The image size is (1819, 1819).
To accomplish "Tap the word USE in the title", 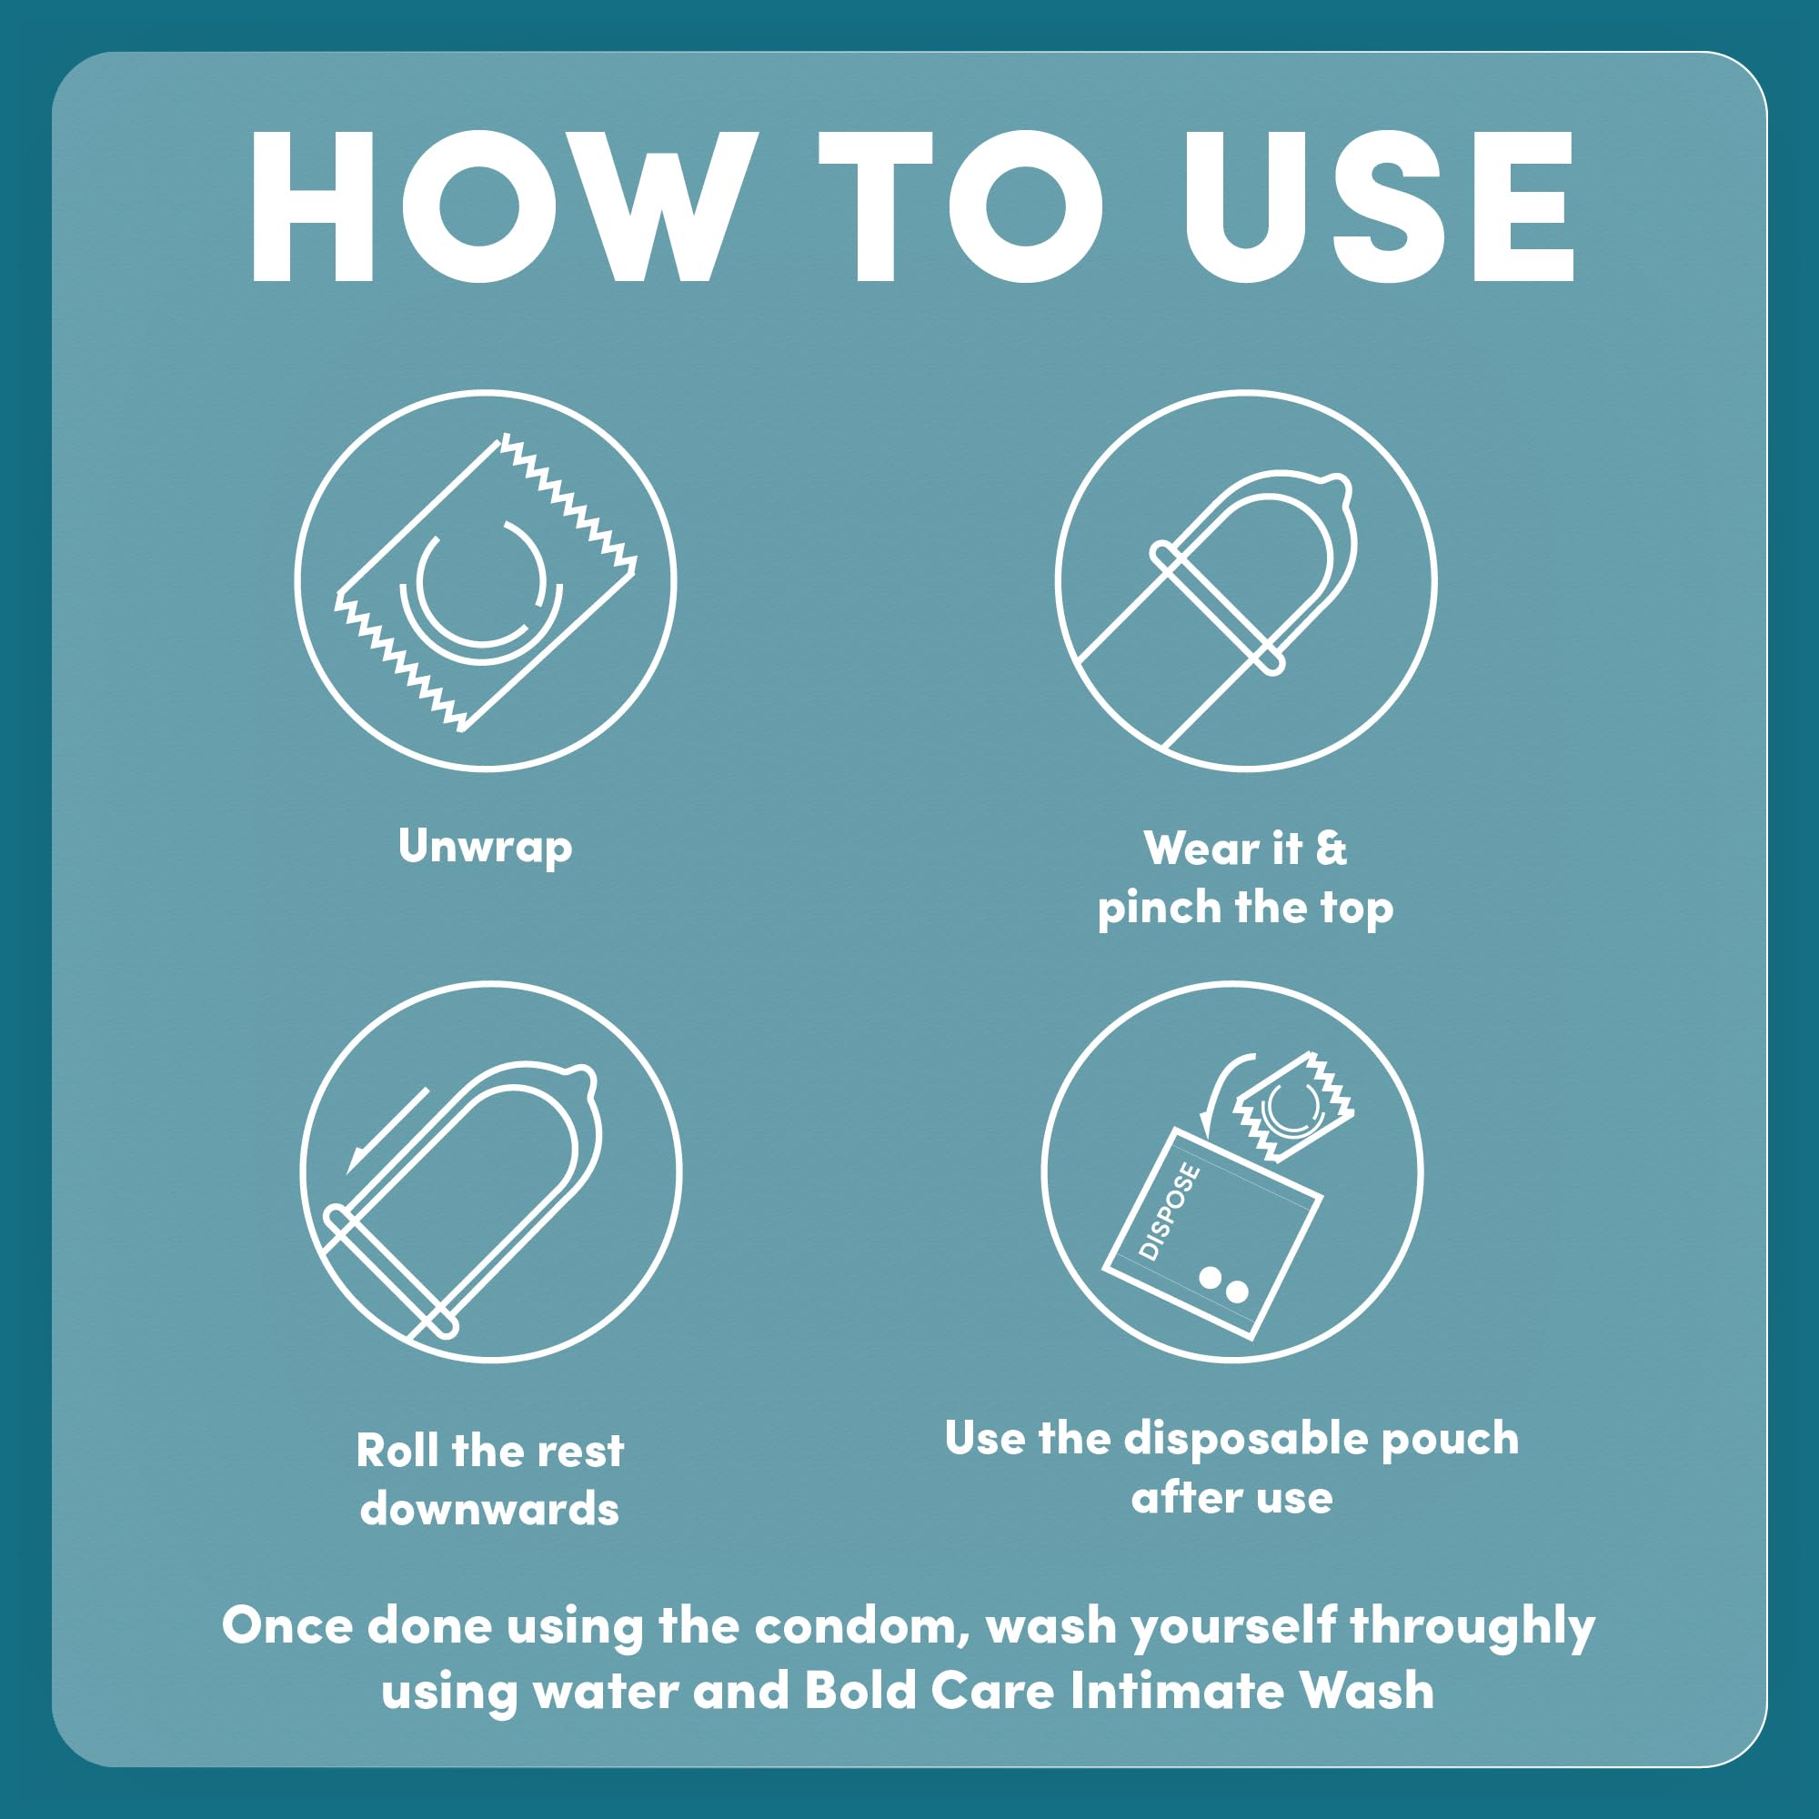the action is coord(1379,206).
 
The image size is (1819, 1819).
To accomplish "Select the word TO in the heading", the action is coord(960,206).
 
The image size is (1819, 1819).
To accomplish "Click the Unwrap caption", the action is coord(485,848).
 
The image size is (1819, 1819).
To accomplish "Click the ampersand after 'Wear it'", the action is coord(1332,849).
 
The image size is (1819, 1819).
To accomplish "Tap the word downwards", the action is coord(489,1510).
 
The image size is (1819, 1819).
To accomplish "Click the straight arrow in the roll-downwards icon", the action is coord(387,1131).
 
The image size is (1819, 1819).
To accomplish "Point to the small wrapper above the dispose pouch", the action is coord(1292,1108).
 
